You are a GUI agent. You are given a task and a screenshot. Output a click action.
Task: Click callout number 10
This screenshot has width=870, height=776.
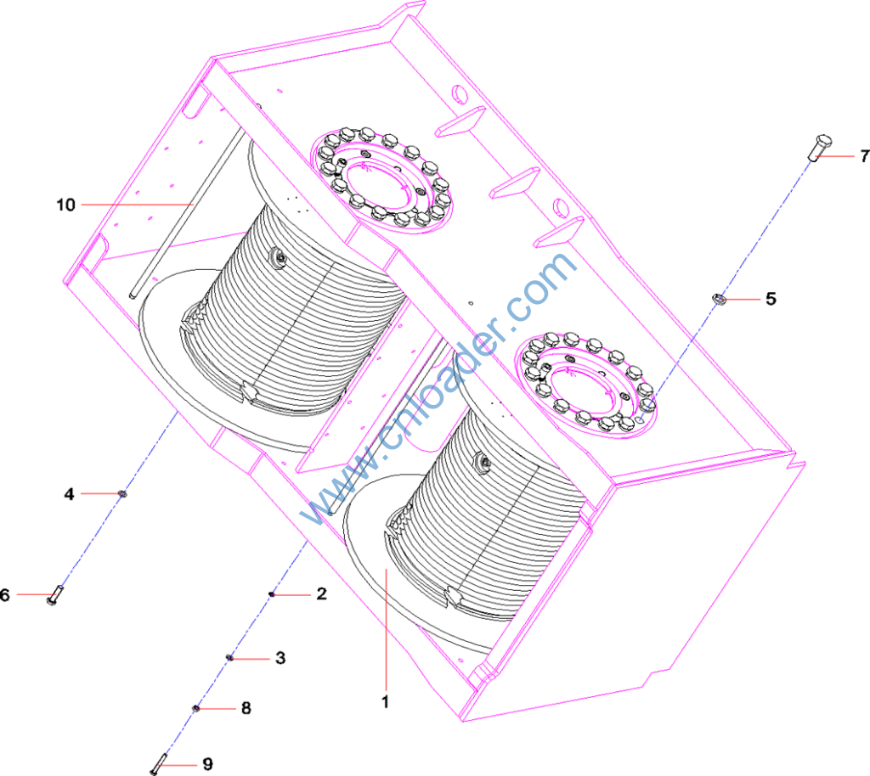point(65,205)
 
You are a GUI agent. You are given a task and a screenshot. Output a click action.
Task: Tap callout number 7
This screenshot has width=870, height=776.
point(864,156)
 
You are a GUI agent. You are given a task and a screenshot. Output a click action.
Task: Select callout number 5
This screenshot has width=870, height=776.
point(771,299)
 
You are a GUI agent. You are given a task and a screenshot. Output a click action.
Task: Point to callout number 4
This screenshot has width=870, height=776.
point(69,493)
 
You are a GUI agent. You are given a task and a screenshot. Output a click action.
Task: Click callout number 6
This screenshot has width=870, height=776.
point(5,595)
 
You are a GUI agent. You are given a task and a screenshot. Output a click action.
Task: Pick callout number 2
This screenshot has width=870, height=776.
point(321,593)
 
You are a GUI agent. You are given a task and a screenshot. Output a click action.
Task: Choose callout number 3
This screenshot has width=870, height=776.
point(280,658)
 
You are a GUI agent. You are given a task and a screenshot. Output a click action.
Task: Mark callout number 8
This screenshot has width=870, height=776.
point(246,708)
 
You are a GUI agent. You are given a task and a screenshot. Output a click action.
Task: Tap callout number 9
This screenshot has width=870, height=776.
point(207,764)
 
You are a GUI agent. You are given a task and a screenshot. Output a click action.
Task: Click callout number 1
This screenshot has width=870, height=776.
point(385,702)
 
